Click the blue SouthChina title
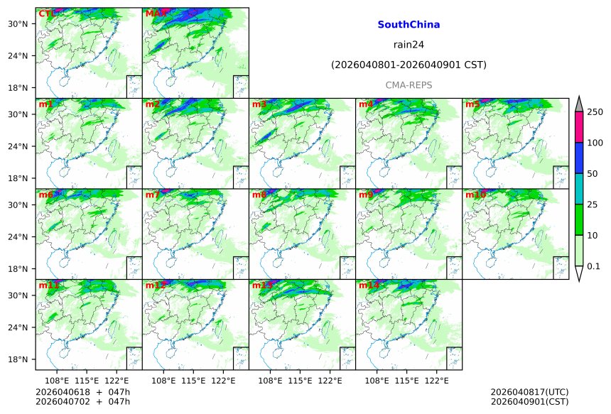point(409,24)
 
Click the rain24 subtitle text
point(409,45)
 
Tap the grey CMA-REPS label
point(409,85)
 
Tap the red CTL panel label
point(46,13)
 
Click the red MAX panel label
point(155,13)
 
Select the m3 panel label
point(259,104)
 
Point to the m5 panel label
point(472,104)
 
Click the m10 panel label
point(475,195)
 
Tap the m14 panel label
point(369,285)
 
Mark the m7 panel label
point(153,195)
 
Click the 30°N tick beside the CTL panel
point(17,23)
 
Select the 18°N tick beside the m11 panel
point(17,359)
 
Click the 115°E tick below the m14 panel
point(406,381)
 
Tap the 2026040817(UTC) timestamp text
point(529,392)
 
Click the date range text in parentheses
point(409,65)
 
